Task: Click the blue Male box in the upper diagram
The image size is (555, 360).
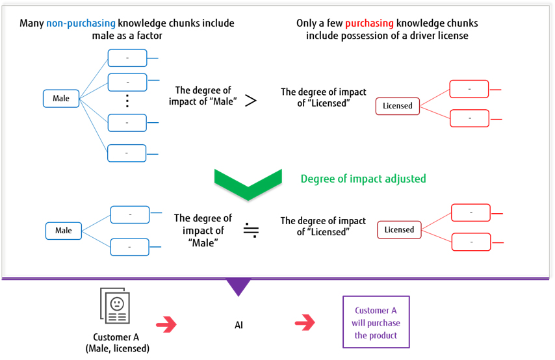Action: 61,98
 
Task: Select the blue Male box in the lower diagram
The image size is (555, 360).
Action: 64,231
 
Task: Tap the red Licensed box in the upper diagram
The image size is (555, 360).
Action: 397,106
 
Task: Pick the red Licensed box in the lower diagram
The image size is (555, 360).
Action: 399,229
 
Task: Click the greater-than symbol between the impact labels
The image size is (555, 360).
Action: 251,101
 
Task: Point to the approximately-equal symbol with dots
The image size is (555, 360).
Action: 252,231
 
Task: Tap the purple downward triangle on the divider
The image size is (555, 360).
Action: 239,287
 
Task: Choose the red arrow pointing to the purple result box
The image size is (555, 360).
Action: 305,322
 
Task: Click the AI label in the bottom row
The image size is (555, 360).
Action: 239,325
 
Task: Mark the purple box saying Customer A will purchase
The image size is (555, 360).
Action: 377,323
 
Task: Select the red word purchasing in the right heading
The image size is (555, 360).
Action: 369,23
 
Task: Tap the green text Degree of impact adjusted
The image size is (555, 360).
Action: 363,178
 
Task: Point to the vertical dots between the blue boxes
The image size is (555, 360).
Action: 127,101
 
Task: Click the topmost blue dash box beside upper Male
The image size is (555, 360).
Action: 127,58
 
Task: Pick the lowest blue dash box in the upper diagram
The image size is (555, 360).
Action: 127,153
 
